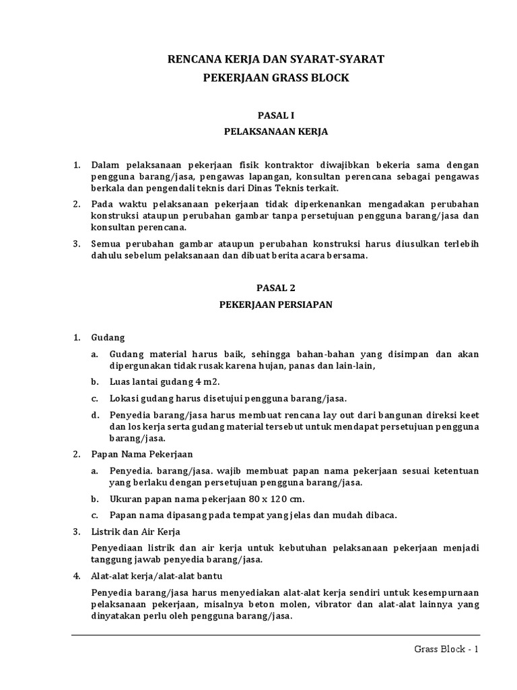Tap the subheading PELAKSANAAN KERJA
[x=276, y=132]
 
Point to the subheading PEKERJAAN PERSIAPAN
[x=276, y=304]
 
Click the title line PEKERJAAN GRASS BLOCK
[x=276, y=78]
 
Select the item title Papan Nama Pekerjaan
[x=142, y=454]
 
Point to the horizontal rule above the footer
[x=276, y=635]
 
